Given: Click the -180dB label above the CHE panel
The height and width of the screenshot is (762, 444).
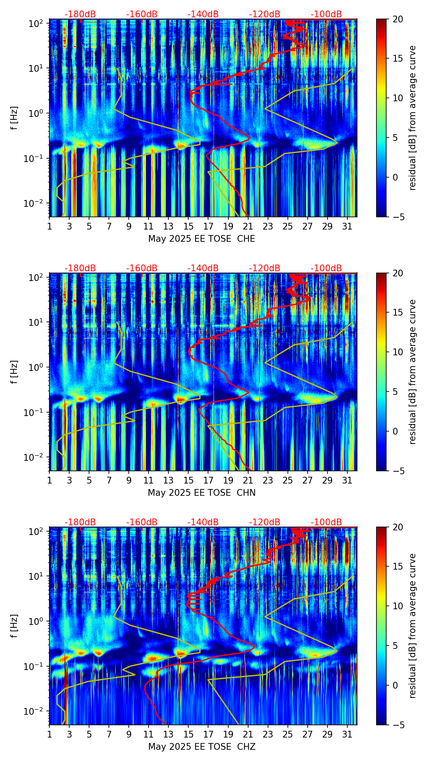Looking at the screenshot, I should coord(80,14).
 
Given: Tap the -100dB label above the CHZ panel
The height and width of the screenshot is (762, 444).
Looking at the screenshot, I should coord(326,522).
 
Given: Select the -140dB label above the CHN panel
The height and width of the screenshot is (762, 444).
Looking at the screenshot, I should coord(203,268).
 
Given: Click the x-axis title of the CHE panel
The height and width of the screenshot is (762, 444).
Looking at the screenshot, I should coord(201,239).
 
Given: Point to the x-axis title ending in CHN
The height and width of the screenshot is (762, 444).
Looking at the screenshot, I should coord(201,493).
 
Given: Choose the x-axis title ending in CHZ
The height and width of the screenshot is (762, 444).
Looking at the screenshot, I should coord(201,747).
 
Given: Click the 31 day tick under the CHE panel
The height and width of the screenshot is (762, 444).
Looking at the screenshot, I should coord(347,226).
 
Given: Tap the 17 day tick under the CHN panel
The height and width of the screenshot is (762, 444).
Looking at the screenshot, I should coord(208,480).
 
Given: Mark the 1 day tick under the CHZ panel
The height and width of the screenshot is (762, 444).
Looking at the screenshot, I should coord(50,734).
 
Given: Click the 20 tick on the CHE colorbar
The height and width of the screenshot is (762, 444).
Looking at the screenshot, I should coord(398,19).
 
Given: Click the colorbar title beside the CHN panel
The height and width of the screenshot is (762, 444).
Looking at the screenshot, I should coord(412,372).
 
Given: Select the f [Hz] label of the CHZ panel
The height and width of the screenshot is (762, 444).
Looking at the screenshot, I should coord(15,626).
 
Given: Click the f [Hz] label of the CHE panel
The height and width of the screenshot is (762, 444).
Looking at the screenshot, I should coord(15,118).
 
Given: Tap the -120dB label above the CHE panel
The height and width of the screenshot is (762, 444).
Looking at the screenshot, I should coord(265,14).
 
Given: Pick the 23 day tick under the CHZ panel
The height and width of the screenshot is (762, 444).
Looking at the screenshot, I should coord(268,734).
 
